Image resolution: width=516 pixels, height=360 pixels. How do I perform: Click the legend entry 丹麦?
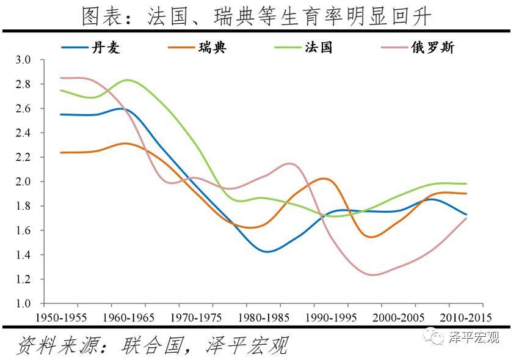click(x=106, y=48)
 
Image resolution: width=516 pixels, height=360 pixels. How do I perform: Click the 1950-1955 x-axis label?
click(x=60, y=318)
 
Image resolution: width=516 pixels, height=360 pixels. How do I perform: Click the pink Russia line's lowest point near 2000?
click(x=373, y=275)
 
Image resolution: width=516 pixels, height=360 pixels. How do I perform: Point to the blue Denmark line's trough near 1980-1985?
click(x=267, y=252)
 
